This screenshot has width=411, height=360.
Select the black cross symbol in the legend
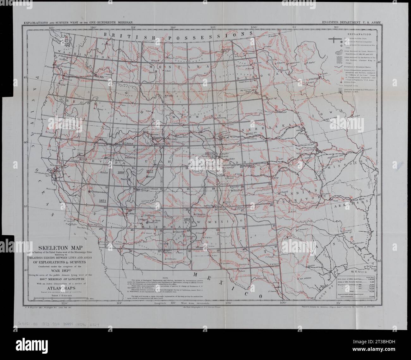339,40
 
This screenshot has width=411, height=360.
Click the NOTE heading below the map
165,277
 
